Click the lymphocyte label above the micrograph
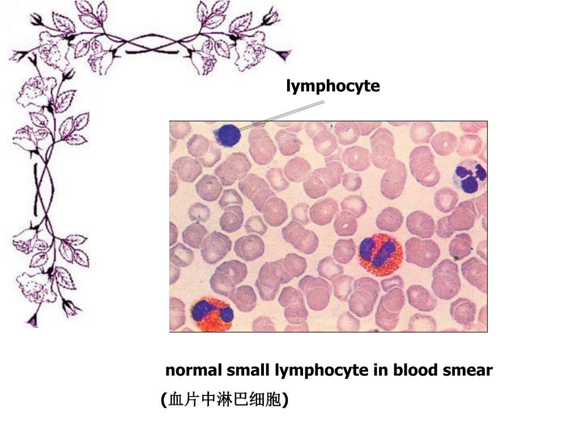(333, 87)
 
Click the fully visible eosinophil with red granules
(380, 254)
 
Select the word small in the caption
(249, 371)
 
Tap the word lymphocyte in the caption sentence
(321, 372)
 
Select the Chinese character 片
(190, 400)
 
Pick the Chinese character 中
(205, 400)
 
